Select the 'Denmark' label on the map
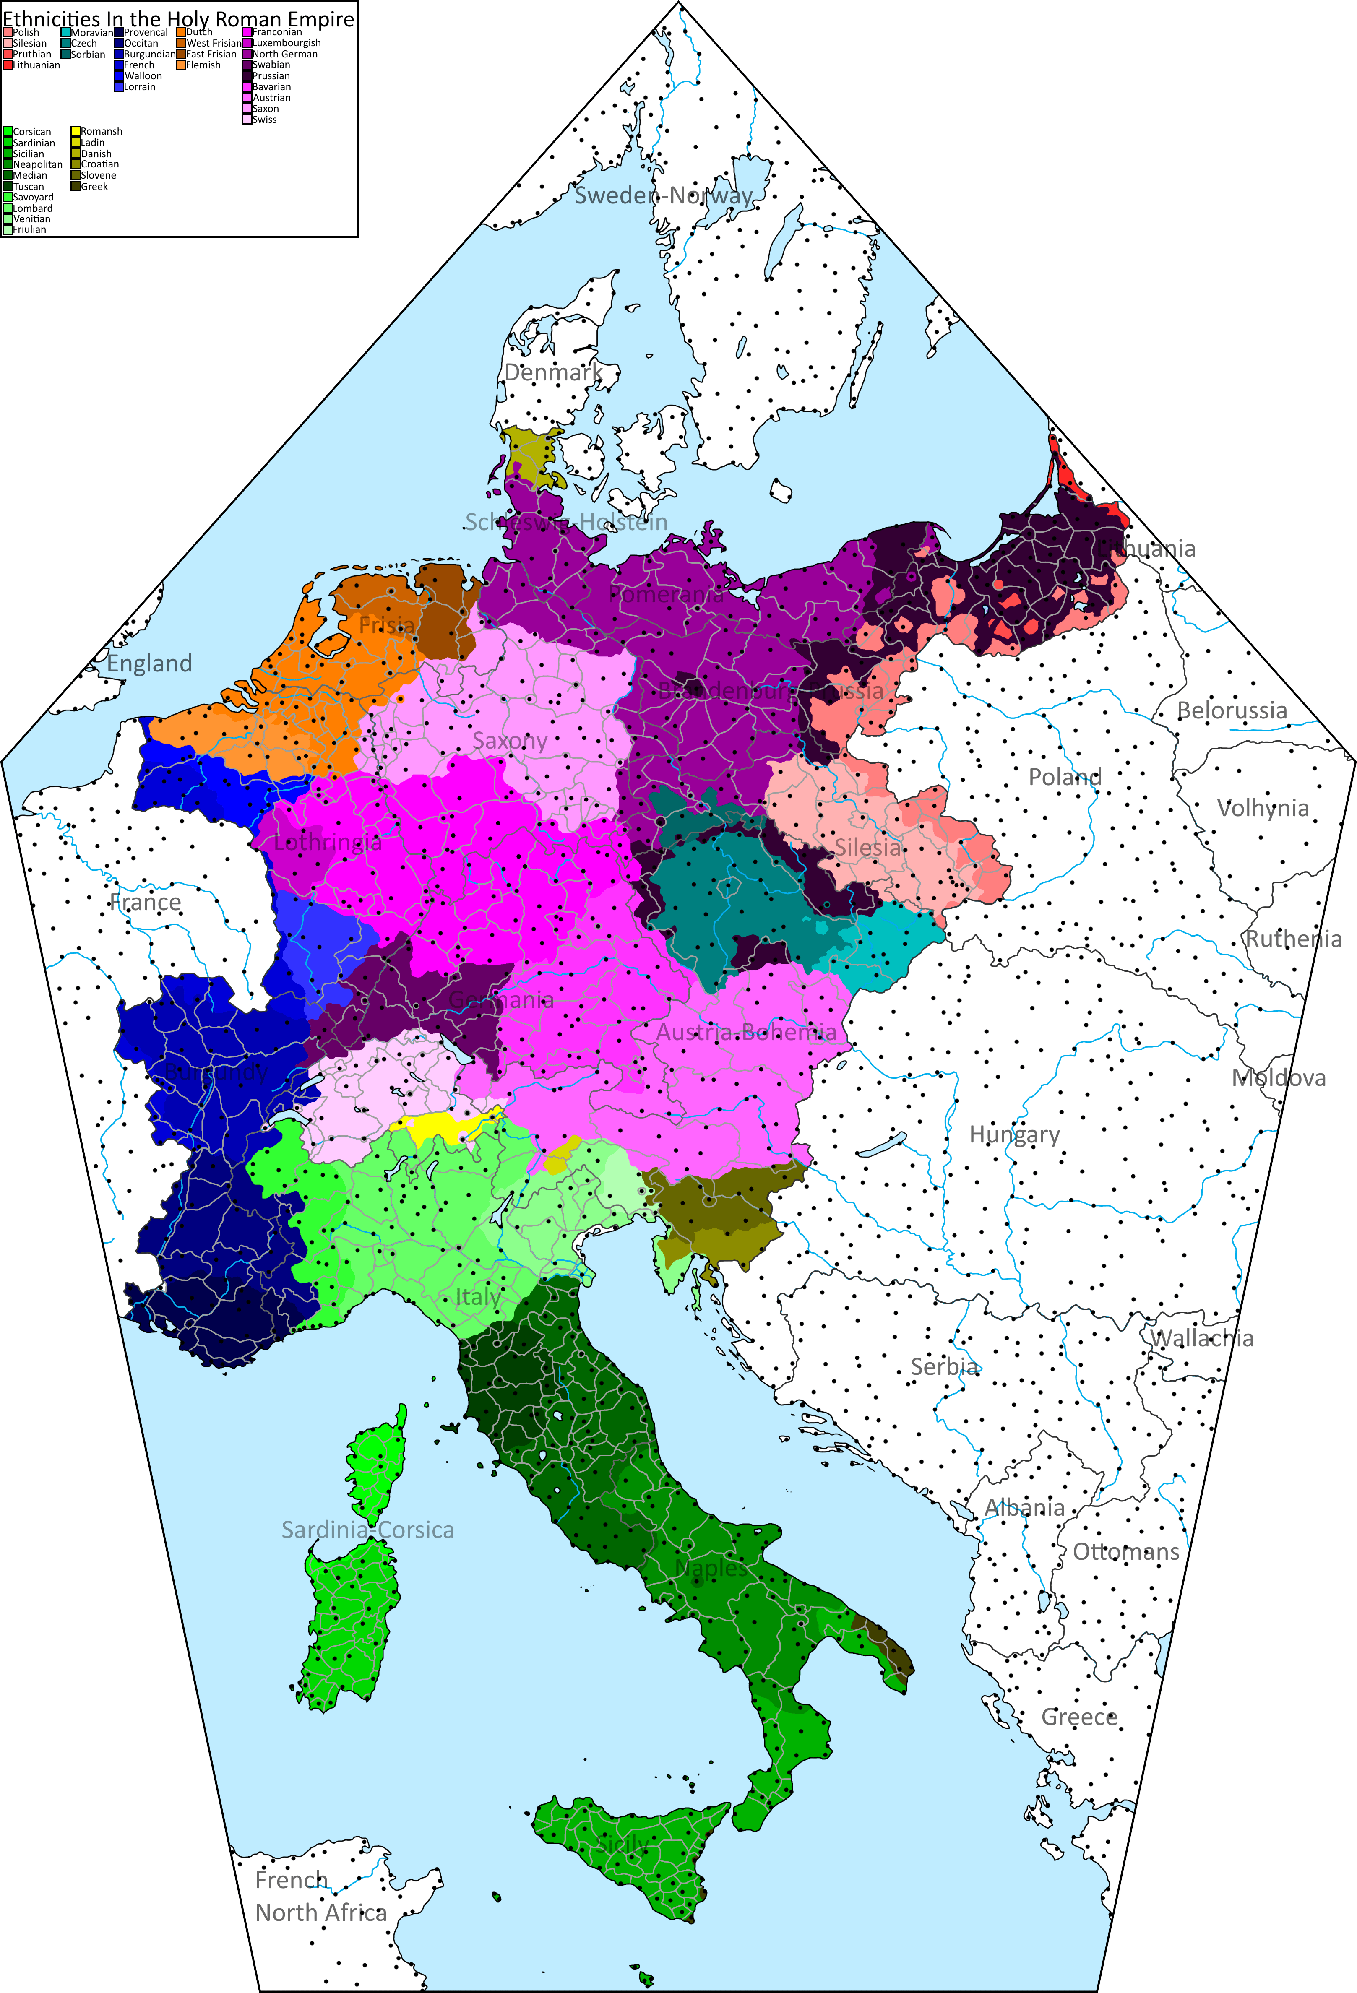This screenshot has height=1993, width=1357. point(552,373)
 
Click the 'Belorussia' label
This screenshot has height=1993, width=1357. point(1231,710)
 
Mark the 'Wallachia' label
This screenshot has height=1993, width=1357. point(1201,1338)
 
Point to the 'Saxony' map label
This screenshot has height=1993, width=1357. point(510,741)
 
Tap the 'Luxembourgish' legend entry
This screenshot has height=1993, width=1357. point(286,43)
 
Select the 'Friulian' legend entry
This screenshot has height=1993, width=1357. point(29,230)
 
